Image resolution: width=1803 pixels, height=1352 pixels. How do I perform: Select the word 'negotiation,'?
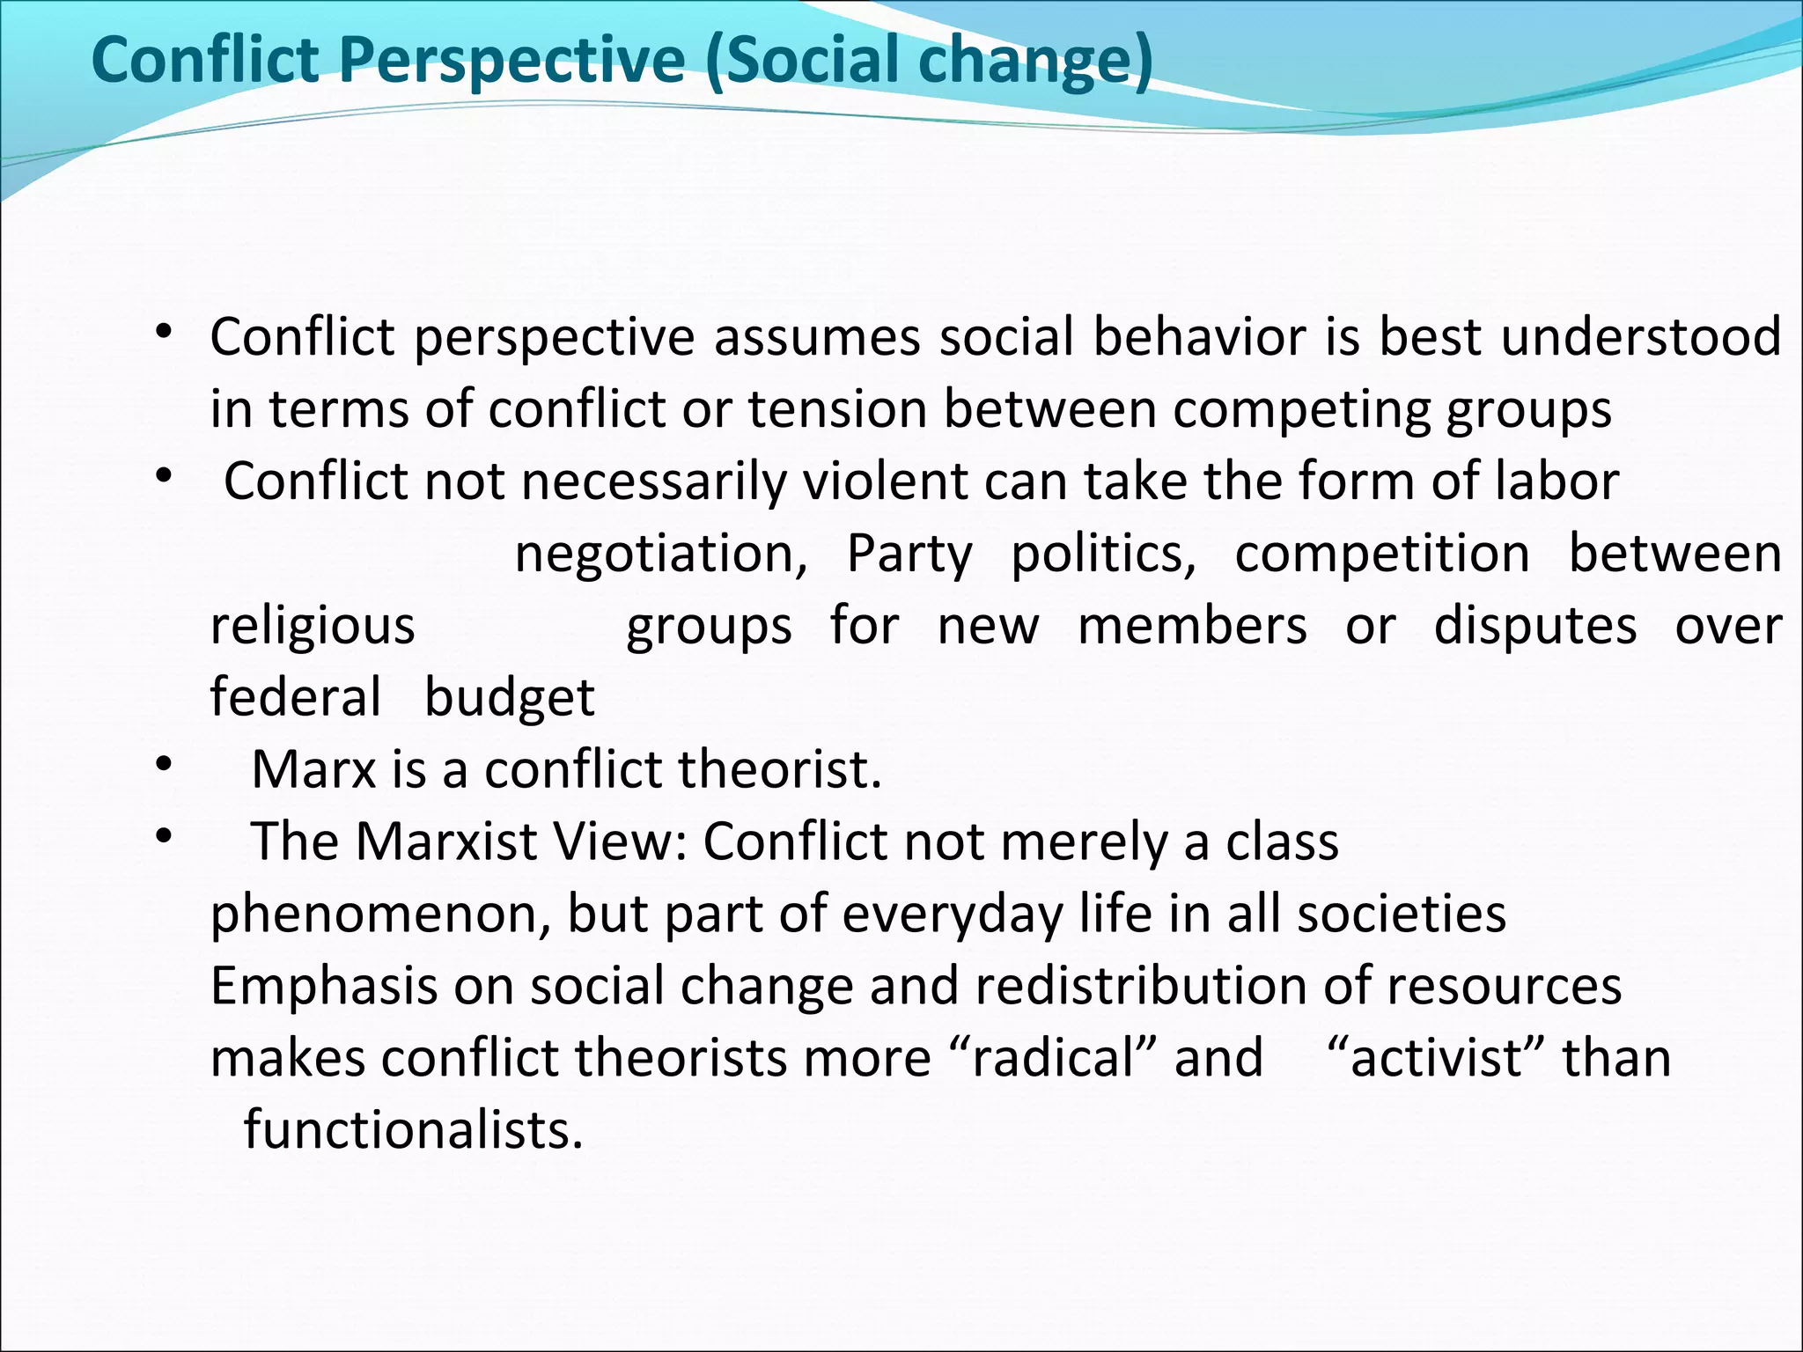(661, 555)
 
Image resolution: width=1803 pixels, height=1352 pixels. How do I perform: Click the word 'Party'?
(909, 555)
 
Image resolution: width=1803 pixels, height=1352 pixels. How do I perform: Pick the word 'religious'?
(313, 627)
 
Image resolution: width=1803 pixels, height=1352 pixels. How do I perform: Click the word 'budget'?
(510, 698)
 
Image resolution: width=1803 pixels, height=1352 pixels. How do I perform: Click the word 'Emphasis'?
(324, 986)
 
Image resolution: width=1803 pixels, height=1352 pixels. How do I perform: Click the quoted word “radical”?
(1055, 1057)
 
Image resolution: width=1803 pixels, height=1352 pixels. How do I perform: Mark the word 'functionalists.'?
(414, 1129)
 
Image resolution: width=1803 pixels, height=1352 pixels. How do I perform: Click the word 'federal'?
(296, 698)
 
